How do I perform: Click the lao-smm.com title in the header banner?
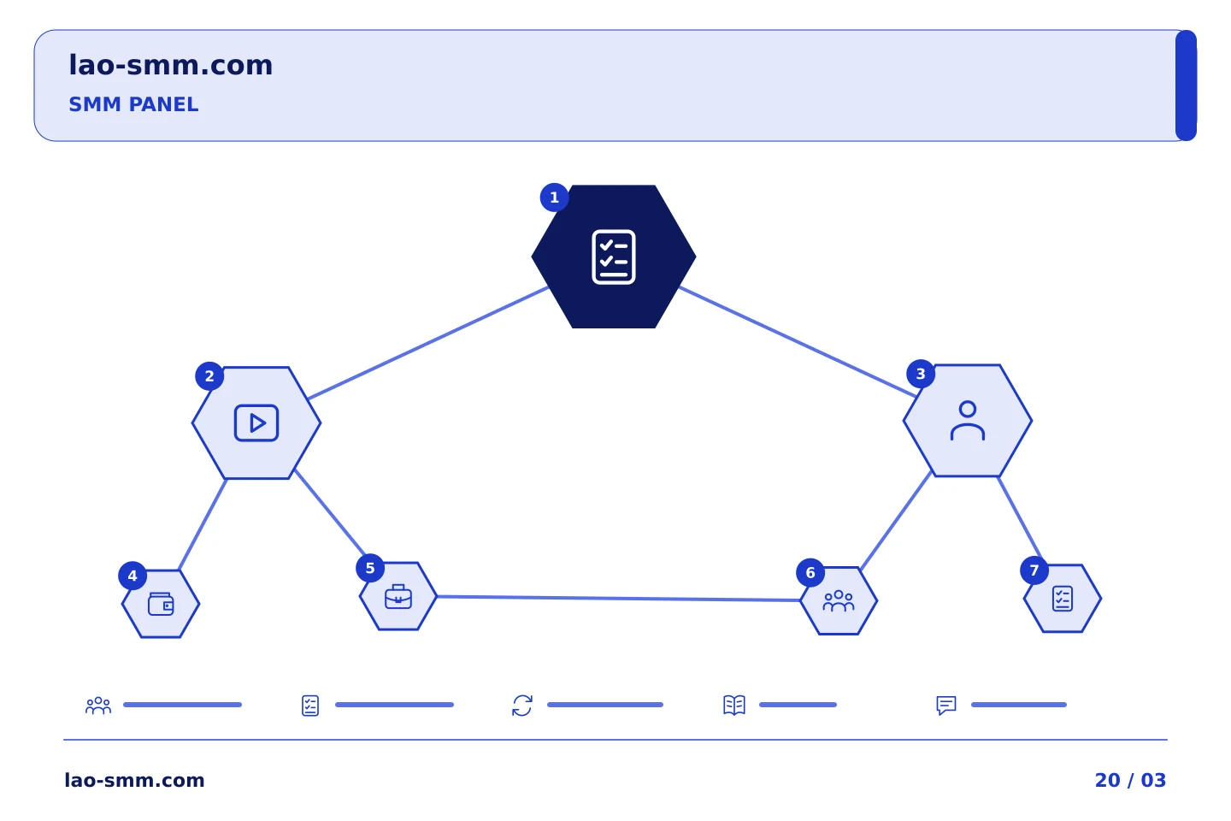tap(170, 65)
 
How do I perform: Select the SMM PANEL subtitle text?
tap(133, 104)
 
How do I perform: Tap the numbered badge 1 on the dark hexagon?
tap(554, 198)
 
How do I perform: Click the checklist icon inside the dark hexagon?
tap(613, 257)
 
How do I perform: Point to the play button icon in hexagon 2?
tap(256, 422)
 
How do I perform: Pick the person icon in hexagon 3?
tap(967, 421)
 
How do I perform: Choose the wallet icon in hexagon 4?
tap(161, 604)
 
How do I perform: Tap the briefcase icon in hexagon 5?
tap(398, 596)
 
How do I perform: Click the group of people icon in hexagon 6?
tap(838, 600)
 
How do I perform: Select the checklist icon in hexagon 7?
tap(1063, 599)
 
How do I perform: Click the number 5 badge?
tap(370, 568)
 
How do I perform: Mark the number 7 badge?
tap(1034, 570)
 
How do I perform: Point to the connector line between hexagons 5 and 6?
tap(618, 599)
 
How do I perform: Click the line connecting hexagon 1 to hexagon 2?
tap(428, 343)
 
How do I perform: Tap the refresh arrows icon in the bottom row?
tap(522, 706)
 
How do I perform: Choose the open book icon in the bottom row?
tap(734, 705)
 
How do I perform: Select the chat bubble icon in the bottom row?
tap(945, 706)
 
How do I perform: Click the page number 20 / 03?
tap(1130, 780)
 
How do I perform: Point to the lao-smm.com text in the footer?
tap(134, 780)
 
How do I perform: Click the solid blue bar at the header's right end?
tap(1186, 86)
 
